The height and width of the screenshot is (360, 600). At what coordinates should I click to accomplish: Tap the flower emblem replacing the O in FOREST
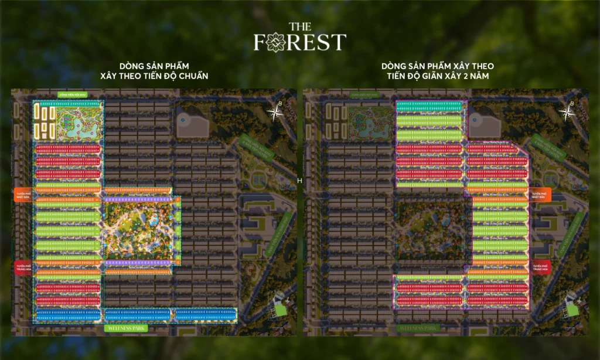tap(274, 42)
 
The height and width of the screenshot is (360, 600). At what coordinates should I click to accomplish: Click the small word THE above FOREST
tap(300, 26)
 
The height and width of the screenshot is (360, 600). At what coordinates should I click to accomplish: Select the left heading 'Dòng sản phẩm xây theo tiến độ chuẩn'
tap(155, 71)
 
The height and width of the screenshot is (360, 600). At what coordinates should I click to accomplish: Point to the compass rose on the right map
tap(571, 111)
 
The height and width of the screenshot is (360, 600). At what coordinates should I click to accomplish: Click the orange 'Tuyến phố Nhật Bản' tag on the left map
tap(22, 196)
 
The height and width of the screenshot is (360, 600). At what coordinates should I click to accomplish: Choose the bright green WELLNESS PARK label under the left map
tap(126, 328)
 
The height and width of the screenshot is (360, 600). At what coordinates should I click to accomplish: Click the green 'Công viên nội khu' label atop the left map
tap(72, 94)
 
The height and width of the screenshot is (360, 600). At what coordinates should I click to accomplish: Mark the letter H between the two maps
tap(300, 181)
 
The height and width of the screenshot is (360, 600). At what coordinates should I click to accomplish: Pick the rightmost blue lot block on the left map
tap(206, 315)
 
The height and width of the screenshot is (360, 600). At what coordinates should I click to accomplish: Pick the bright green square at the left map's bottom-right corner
tap(281, 310)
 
